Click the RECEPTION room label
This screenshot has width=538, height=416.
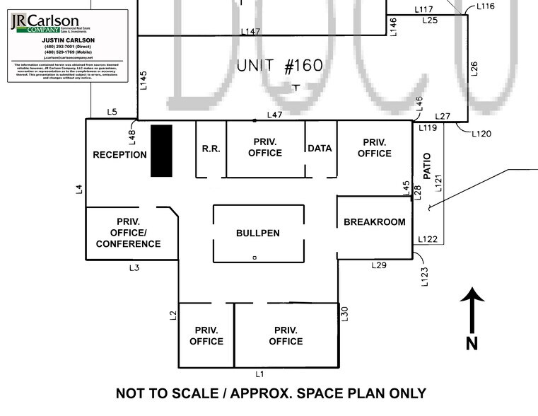coord(119,155)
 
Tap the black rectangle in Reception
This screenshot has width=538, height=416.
coord(161,151)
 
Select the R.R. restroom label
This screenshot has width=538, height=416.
coord(211,149)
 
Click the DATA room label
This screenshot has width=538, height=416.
coord(320,149)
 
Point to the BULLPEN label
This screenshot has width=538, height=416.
coord(257,233)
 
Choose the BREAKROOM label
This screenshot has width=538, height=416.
coord(374,222)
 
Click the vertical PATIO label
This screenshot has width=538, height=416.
coord(426,166)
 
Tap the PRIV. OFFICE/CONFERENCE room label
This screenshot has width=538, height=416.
coord(128,233)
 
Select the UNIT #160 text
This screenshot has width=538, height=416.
coord(279,66)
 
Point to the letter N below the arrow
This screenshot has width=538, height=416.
coord(472,343)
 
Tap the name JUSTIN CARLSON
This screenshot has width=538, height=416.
coord(68,41)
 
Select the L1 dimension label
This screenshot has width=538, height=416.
coord(259,374)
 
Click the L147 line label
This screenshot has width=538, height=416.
coord(251,32)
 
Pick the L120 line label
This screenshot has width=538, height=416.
coord(480,133)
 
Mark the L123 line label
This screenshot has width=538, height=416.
coord(424,275)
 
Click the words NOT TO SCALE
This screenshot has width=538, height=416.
coord(164,393)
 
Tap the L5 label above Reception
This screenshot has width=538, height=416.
coord(112,112)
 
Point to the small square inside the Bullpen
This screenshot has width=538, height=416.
coord(255,258)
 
